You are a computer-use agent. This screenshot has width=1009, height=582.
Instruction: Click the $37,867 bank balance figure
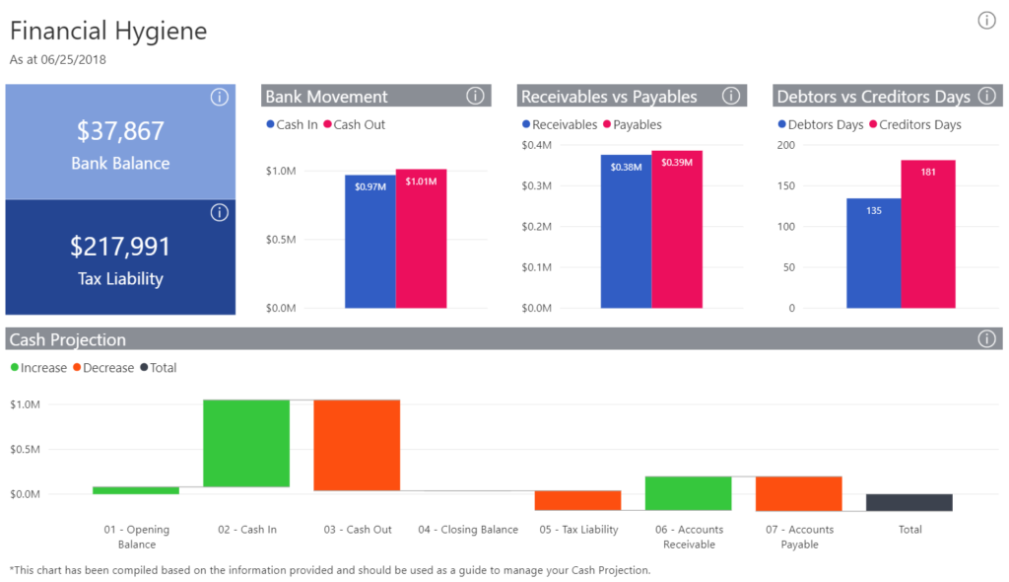pos(120,131)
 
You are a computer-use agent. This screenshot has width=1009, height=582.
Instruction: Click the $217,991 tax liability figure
pos(120,247)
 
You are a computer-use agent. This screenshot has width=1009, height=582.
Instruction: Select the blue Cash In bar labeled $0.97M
pos(370,242)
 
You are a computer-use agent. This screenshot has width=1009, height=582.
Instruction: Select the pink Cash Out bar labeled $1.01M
pos(421,239)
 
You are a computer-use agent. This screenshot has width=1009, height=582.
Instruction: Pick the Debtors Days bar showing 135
pos(873,254)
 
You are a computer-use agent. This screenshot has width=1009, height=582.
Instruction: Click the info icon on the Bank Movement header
pos(475,96)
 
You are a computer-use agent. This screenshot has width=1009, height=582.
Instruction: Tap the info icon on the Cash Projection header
pos(986,339)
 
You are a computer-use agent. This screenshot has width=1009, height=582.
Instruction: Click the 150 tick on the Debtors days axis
pos(785,185)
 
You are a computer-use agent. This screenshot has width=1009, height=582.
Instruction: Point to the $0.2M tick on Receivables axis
pos(537,226)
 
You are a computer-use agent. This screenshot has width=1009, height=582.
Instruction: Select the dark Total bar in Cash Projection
pos(896,502)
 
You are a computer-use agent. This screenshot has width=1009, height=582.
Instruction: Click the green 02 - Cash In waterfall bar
pos(246,443)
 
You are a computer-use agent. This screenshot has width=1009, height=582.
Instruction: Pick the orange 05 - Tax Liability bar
pos(577,500)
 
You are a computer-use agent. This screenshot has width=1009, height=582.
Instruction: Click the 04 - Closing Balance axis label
pos(467,530)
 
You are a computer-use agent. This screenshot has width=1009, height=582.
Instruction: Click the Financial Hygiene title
pos(108,31)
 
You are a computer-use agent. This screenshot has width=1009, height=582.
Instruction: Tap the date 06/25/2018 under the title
pos(74,59)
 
